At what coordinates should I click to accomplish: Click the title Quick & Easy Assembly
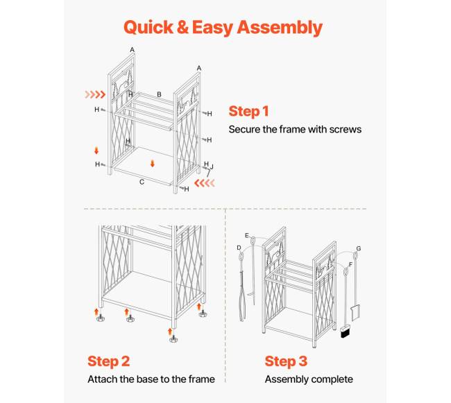pyautogui.click(x=223, y=28)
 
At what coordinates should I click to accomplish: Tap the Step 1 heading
pyautogui.click(x=249, y=111)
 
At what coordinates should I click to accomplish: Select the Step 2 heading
pyautogui.click(x=109, y=361)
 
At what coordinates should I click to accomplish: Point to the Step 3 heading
pyautogui.click(x=286, y=361)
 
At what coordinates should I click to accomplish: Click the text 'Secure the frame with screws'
pyautogui.click(x=295, y=129)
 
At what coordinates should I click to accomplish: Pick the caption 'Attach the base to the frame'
pyautogui.click(x=151, y=379)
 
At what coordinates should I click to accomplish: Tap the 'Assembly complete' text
pyautogui.click(x=309, y=379)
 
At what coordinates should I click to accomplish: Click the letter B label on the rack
pyautogui.click(x=159, y=94)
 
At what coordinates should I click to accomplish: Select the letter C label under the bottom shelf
pyautogui.click(x=142, y=182)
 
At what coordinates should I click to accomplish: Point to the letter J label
pyautogui.click(x=212, y=166)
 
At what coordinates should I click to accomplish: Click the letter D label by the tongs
pyautogui.click(x=239, y=248)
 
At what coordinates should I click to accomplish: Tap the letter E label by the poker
pyautogui.click(x=247, y=235)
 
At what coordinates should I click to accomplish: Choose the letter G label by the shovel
pyautogui.click(x=359, y=248)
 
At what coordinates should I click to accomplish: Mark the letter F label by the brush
pyautogui.click(x=350, y=264)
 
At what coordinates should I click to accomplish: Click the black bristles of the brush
pyautogui.click(x=345, y=333)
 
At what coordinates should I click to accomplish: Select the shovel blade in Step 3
pyautogui.click(x=355, y=313)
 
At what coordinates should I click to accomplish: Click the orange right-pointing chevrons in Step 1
pyautogui.click(x=95, y=94)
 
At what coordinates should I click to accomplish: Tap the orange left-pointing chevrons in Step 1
pyautogui.click(x=205, y=183)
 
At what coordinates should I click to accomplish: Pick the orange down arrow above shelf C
pyautogui.click(x=153, y=164)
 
